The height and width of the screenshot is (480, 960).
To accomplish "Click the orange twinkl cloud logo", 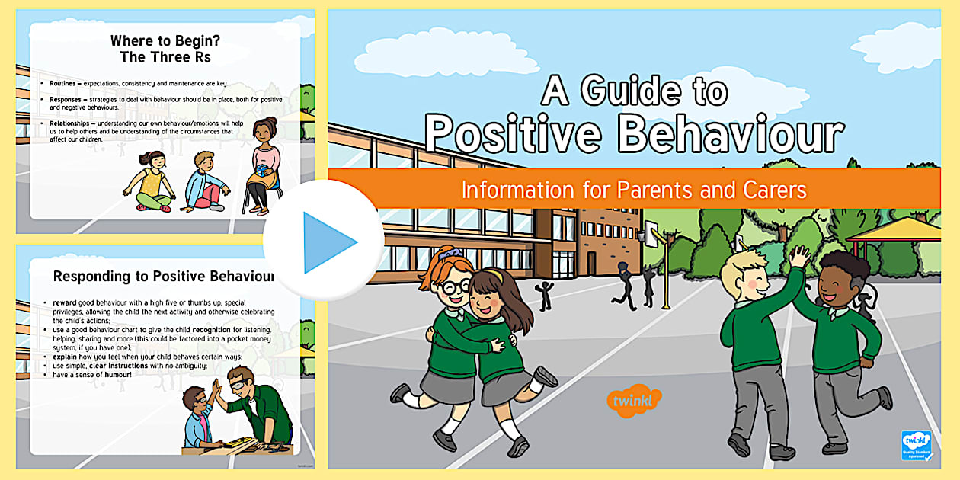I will click(x=633, y=398).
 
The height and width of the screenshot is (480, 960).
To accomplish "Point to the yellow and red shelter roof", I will click(x=903, y=229).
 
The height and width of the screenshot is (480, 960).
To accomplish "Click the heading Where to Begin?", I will click(x=160, y=40).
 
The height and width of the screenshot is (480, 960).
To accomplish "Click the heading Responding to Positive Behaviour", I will click(x=163, y=277).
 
